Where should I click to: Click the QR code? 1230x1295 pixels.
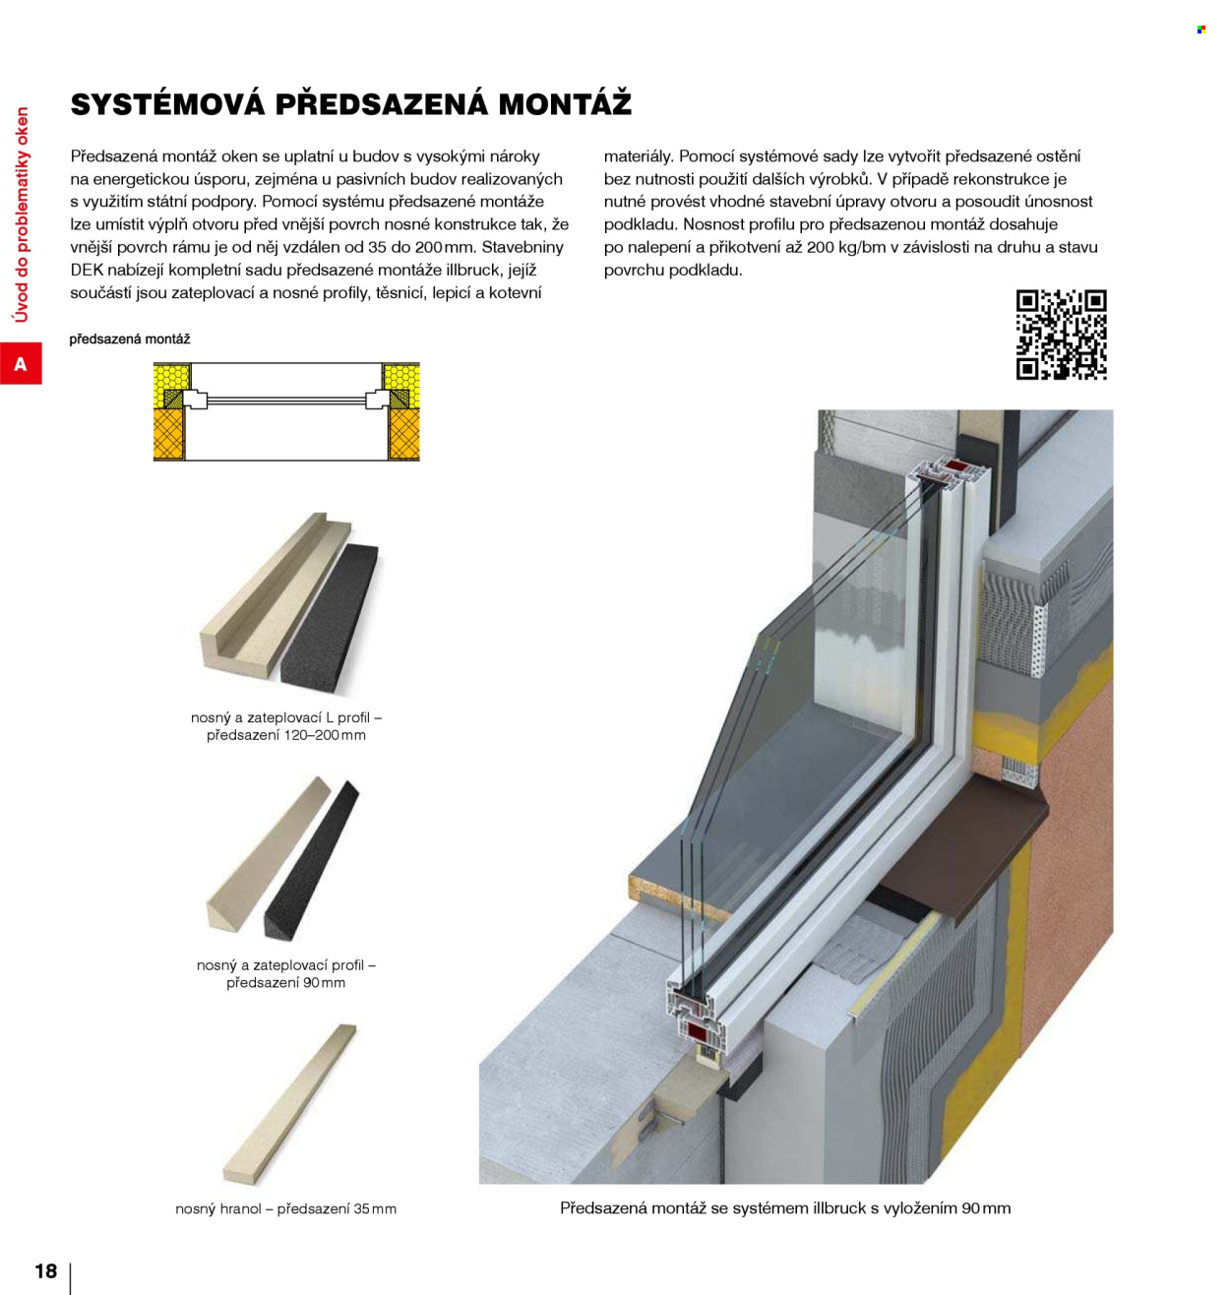click(x=1061, y=335)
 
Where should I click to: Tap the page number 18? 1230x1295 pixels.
click(x=46, y=1270)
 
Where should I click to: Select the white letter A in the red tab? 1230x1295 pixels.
click(x=21, y=363)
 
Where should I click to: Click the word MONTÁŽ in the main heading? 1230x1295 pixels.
click(x=565, y=104)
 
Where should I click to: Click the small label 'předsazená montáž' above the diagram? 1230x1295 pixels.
click(x=130, y=339)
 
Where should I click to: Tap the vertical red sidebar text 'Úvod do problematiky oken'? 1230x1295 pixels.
click(x=22, y=215)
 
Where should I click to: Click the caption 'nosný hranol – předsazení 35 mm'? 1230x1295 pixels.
click(x=286, y=1208)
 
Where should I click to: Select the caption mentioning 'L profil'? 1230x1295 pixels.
click(x=286, y=726)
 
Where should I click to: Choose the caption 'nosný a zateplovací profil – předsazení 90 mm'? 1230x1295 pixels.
click(x=286, y=973)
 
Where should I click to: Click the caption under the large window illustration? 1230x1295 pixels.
click(x=785, y=1208)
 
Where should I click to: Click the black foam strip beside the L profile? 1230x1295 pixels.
click(x=331, y=619)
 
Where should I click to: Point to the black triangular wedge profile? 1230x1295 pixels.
click(x=312, y=860)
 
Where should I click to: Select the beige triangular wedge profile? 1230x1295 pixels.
click(x=267, y=856)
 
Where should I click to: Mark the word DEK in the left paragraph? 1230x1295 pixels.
click(x=86, y=270)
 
